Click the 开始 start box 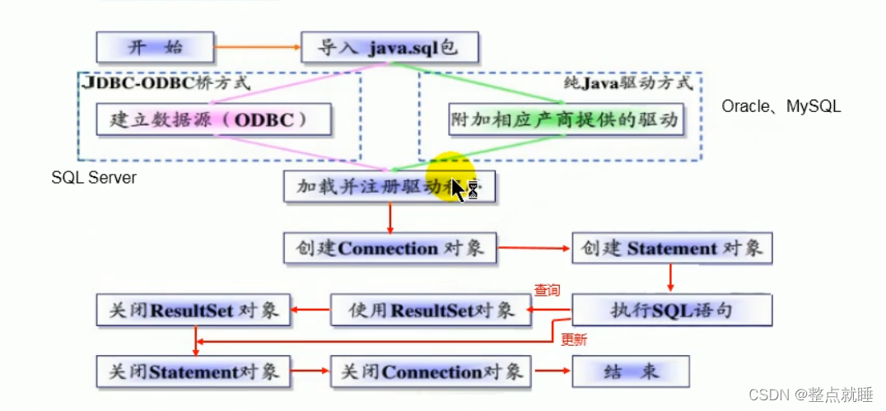[x=155, y=47]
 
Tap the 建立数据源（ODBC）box [x=213, y=119]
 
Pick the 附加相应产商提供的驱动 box [x=566, y=119]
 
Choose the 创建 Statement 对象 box [x=672, y=248]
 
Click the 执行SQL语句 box [x=672, y=311]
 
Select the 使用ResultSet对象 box [x=431, y=311]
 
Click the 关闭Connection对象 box [x=431, y=371]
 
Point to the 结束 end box [x=631, y=371]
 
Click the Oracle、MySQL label [x=781, y=106]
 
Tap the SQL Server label [x=94, y=177]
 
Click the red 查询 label [x=548, y=290]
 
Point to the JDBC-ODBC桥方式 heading [x=166, y=83]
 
